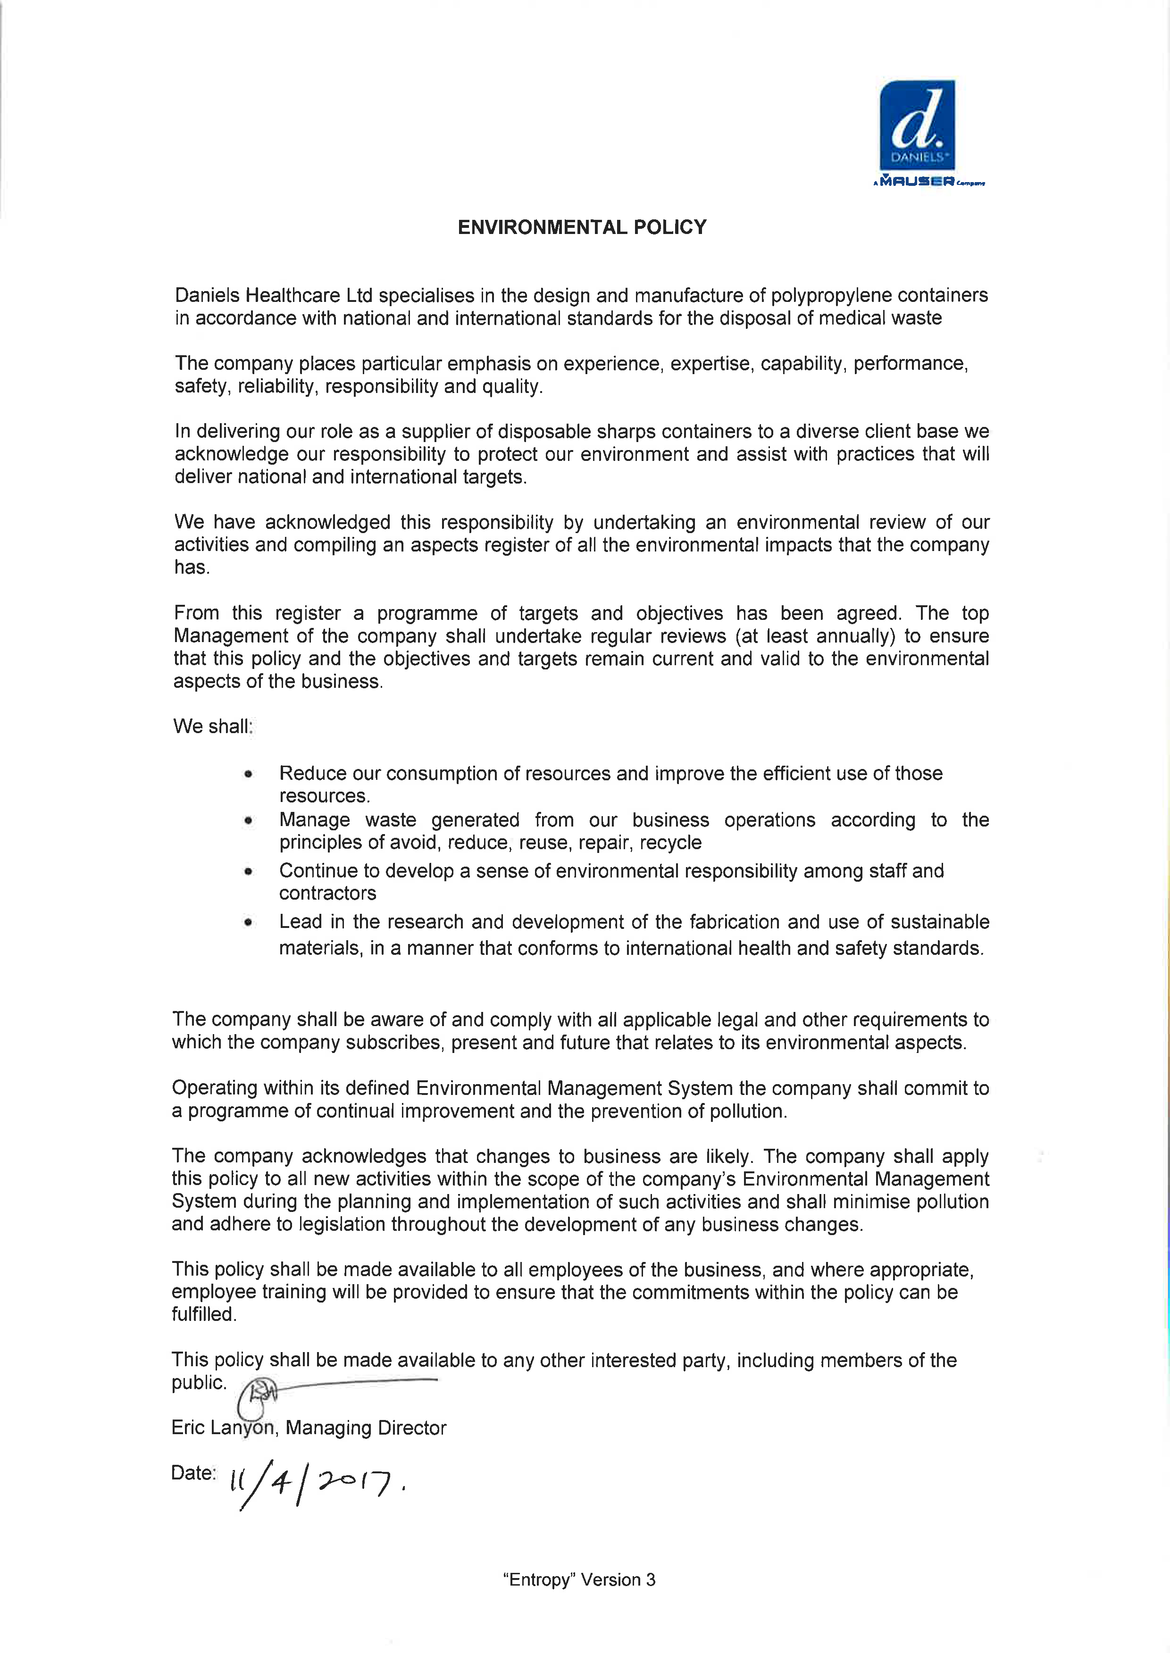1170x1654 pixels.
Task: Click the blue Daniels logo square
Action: (917, 125)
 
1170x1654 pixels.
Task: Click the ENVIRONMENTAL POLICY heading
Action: (582, 228)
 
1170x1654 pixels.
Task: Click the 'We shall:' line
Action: (213, 726)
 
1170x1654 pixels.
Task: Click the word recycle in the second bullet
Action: (670, 843)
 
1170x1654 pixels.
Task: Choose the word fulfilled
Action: (203, 1315)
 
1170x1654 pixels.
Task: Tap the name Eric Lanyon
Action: (223, 1428)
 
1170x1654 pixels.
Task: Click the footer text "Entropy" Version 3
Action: (579, 1580)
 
